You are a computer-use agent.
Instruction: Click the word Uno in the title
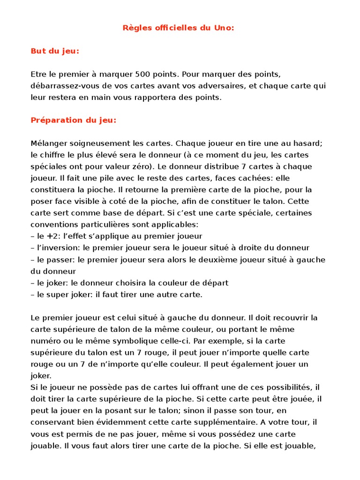pos(223,28)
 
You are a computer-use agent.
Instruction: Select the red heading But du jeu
pos(55,51)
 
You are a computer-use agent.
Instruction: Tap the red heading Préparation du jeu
pos(73,120)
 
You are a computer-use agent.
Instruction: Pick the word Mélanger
pos(49,143)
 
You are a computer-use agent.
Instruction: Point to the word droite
pos(252,247)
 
